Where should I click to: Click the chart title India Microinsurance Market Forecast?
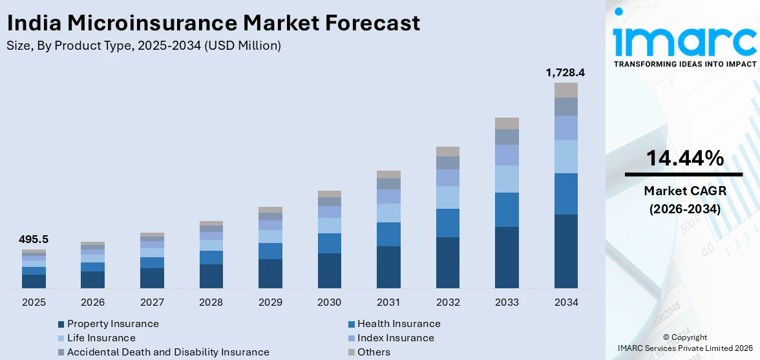213,23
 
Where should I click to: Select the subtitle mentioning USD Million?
143,46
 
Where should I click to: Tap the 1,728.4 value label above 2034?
565,73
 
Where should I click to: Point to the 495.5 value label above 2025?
34,240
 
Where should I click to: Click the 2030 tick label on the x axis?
329,302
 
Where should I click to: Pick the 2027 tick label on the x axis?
152,302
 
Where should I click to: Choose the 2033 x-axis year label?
507,302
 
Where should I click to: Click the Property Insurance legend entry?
112,324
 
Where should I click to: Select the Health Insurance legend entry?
398,324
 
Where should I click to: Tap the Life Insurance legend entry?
101,338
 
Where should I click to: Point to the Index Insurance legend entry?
395,338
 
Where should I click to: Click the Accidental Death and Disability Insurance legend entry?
167,352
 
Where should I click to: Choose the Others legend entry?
374,352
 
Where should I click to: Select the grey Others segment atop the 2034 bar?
566,90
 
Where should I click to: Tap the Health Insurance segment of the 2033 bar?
507,209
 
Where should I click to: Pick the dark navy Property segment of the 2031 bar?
388,267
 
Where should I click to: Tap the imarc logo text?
684,40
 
